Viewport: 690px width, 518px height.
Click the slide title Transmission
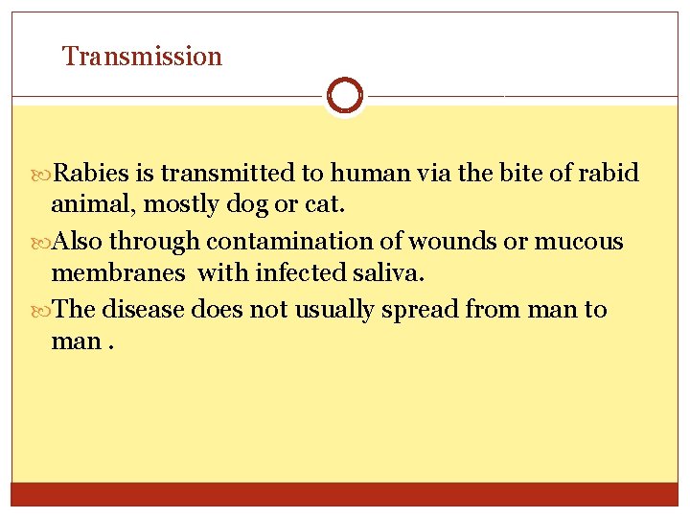[142, 57]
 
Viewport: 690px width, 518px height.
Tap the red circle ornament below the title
[344, 96]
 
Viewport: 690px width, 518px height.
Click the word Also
[80, 242]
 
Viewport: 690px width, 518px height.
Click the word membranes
[119, 273]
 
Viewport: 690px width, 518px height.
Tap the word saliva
[387, 273]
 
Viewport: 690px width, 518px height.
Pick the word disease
[146, 310]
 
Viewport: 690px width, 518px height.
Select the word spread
[420, 311]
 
